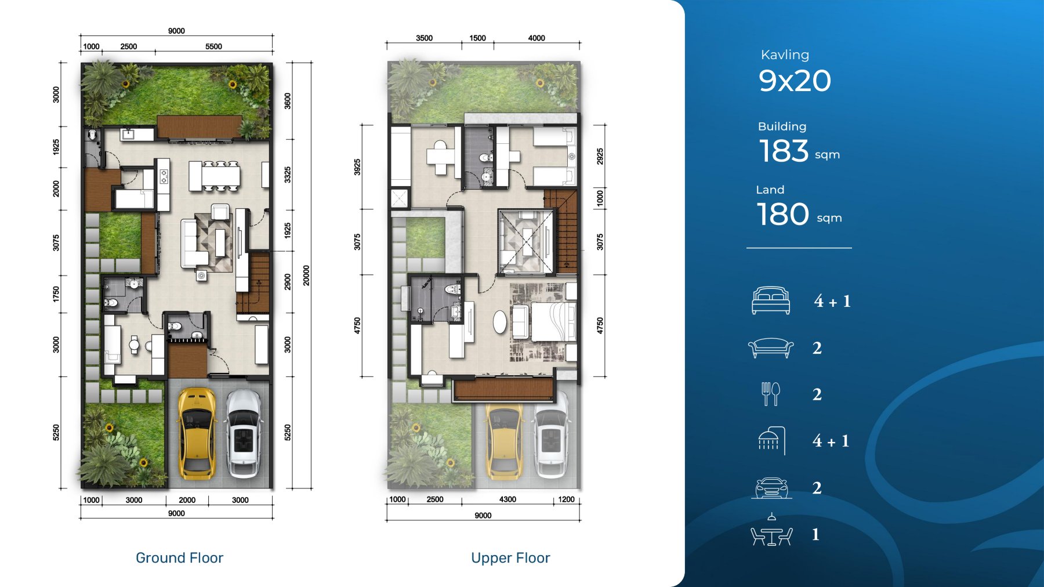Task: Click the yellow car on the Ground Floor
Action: [197, 433]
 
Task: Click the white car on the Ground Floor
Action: [244, 433]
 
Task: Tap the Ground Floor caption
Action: [179, 558]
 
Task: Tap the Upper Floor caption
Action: [510, 558]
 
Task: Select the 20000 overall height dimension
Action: [306, 276]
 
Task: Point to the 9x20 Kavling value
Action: [795, 81]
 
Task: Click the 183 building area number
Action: [784, 151]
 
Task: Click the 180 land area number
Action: [783, 214]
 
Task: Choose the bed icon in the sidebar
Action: [771, 300]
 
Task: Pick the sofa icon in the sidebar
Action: [771, 348]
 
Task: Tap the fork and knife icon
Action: [771, 394]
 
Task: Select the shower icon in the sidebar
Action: [772, 441]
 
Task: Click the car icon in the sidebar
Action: [771, 488]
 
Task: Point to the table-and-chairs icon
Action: [771, 531]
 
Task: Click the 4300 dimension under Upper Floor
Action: [507, 499]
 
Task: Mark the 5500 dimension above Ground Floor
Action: [213, 46]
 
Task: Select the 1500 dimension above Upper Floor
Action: [477, 38]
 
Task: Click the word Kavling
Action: [785, 55]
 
